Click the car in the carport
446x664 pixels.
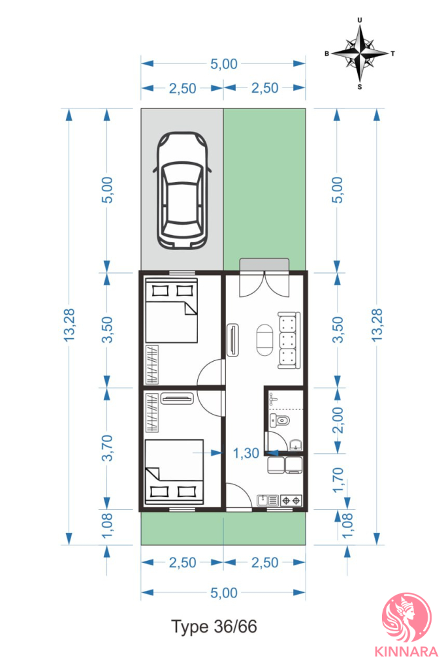tap(182, 190)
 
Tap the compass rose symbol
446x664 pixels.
tap(360, 54)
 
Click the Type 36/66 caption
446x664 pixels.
tap(214, 626)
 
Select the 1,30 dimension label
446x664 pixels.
tap(246, 453)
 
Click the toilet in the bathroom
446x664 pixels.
tap(279, 420)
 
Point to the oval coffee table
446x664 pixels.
tap(265, 340)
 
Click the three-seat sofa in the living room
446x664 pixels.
tap(289, 340)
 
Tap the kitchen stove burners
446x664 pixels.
tap(291, 501)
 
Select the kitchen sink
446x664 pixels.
tap(268, 501)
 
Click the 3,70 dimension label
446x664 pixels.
tap(107, 448)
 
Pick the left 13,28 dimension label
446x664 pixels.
tap(69, 325)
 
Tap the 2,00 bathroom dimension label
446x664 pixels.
tap(338, 420)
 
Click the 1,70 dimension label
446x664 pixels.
tap(338, 481)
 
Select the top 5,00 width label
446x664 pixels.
tap(224, 64)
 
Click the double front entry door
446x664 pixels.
tap(264, 284)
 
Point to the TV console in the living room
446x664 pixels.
tap(232, 340)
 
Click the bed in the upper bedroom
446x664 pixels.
tap(171, 310)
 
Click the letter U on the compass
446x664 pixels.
tap(360, 20)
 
